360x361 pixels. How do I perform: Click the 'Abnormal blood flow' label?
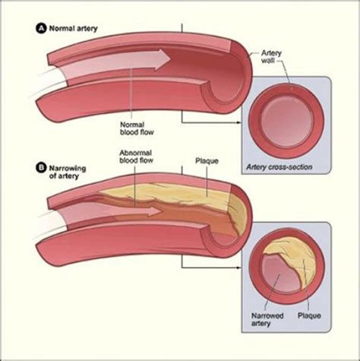click(137, 157)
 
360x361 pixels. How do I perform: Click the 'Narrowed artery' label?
click(263, 318)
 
